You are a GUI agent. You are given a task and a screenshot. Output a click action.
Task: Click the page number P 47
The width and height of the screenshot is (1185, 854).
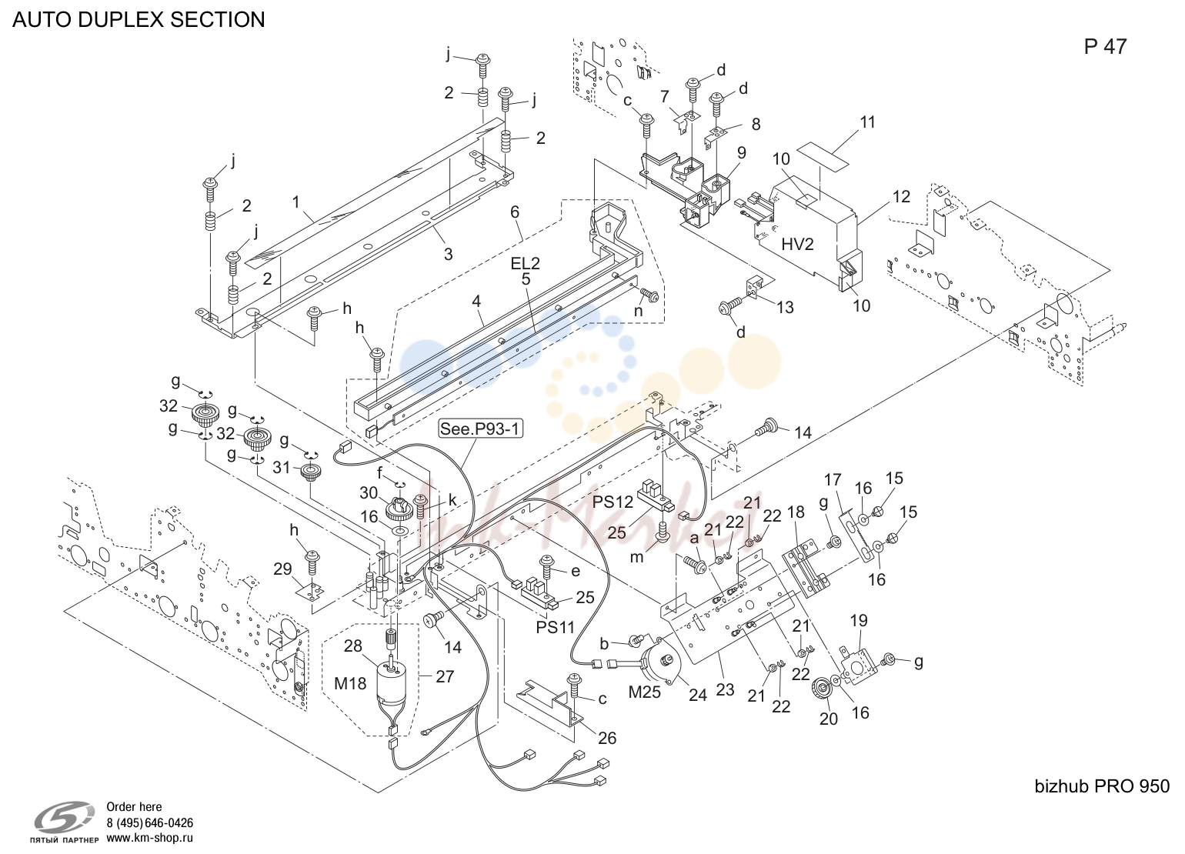(x=1105, y=46)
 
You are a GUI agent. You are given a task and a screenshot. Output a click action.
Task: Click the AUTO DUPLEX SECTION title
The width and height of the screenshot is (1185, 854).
(x=139, y=19)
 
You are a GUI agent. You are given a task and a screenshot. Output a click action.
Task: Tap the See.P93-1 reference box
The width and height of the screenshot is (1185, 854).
(x=481, y=429)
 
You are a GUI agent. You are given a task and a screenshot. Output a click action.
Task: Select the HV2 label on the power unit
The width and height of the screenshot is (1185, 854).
(x=797, y=245)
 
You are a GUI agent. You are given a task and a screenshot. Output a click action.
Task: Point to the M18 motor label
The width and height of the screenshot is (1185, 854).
(x=350, y=683)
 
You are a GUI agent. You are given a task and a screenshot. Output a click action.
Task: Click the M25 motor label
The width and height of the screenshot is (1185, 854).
(x=644, y=692)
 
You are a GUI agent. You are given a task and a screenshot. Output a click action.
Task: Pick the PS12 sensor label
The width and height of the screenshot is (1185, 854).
(x=612, y=502)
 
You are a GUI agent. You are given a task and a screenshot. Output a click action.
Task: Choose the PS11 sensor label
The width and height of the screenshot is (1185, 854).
(x=555, y=627)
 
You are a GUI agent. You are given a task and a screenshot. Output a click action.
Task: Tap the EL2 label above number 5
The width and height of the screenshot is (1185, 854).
(x=526, y=263)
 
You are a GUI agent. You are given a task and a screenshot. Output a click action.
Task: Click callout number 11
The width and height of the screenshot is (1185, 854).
(x=868, y=122)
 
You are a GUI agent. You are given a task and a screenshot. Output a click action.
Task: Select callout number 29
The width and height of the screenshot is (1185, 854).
(x=283, y=569)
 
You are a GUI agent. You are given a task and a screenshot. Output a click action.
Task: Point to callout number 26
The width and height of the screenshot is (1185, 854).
(x=607, y=738)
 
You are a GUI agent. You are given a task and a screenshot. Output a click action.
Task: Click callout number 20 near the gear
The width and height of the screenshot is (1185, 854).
(x=829, y=719)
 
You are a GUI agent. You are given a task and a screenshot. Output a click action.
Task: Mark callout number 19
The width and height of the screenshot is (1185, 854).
(x=859, y=620)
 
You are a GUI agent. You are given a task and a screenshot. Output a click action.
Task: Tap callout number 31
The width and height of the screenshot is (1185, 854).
(x=282, y=467)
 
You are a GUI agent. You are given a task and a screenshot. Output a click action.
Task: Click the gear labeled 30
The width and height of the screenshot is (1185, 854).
(x=399, y=509)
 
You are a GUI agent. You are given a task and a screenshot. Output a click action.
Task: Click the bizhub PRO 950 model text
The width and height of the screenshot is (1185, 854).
(x=1102, y=786)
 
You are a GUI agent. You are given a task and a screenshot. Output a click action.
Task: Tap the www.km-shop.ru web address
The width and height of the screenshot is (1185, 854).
(x=150, y=838)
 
